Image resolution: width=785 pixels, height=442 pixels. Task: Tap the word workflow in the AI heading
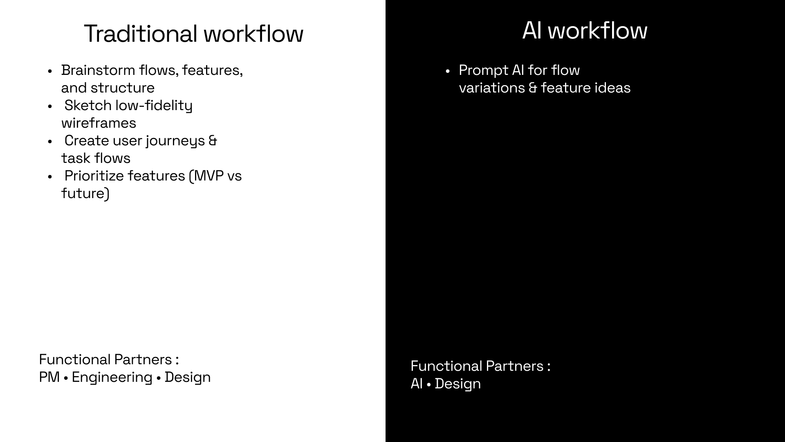pos(597,30)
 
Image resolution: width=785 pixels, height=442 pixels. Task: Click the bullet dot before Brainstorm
pos(50,71)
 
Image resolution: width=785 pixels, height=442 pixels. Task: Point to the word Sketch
pos(88,105)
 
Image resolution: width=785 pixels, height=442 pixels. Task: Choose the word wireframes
pos(99,123)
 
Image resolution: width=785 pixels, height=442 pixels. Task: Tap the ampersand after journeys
pos(213,140)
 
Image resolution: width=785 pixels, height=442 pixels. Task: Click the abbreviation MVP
pos(209,176)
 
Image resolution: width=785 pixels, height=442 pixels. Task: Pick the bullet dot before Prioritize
pos(50,177)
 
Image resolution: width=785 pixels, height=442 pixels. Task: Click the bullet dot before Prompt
pos(448,71)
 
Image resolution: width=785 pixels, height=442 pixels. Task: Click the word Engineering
pos(112,377)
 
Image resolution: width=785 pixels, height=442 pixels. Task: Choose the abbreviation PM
pos(49,377)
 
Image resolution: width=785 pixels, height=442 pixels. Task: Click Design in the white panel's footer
pos(188,377)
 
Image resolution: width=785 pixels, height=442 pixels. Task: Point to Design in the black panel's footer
pos(458,384)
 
